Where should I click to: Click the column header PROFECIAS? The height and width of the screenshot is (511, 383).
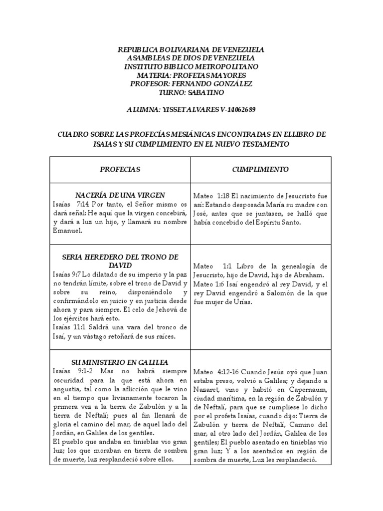point(120,170)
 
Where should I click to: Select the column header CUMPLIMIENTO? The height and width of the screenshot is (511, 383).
point(260,170)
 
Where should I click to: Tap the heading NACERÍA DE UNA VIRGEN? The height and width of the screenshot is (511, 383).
point(120,195)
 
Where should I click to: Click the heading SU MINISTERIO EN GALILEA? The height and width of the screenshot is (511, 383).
point(120,362)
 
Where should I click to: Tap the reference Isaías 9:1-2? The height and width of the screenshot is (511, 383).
point(72,371)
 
